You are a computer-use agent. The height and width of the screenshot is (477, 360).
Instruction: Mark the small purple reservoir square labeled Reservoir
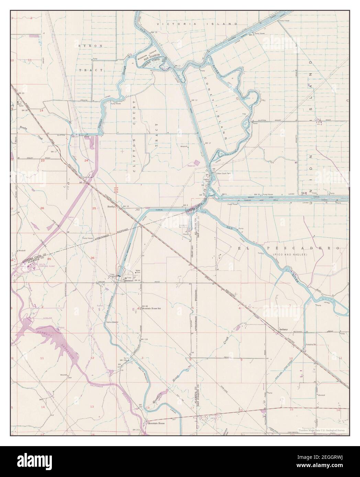[x=196, y=162]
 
